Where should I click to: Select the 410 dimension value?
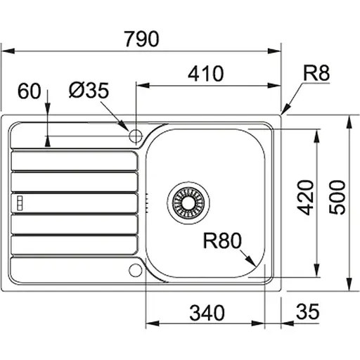[205, 72]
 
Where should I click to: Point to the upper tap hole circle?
[135, 134]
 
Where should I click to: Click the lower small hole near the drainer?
[135, 269]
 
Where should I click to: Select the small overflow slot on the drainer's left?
[20, 202]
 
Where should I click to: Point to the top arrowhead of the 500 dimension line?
[349, 120]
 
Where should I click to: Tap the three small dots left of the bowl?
[146, 202]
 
